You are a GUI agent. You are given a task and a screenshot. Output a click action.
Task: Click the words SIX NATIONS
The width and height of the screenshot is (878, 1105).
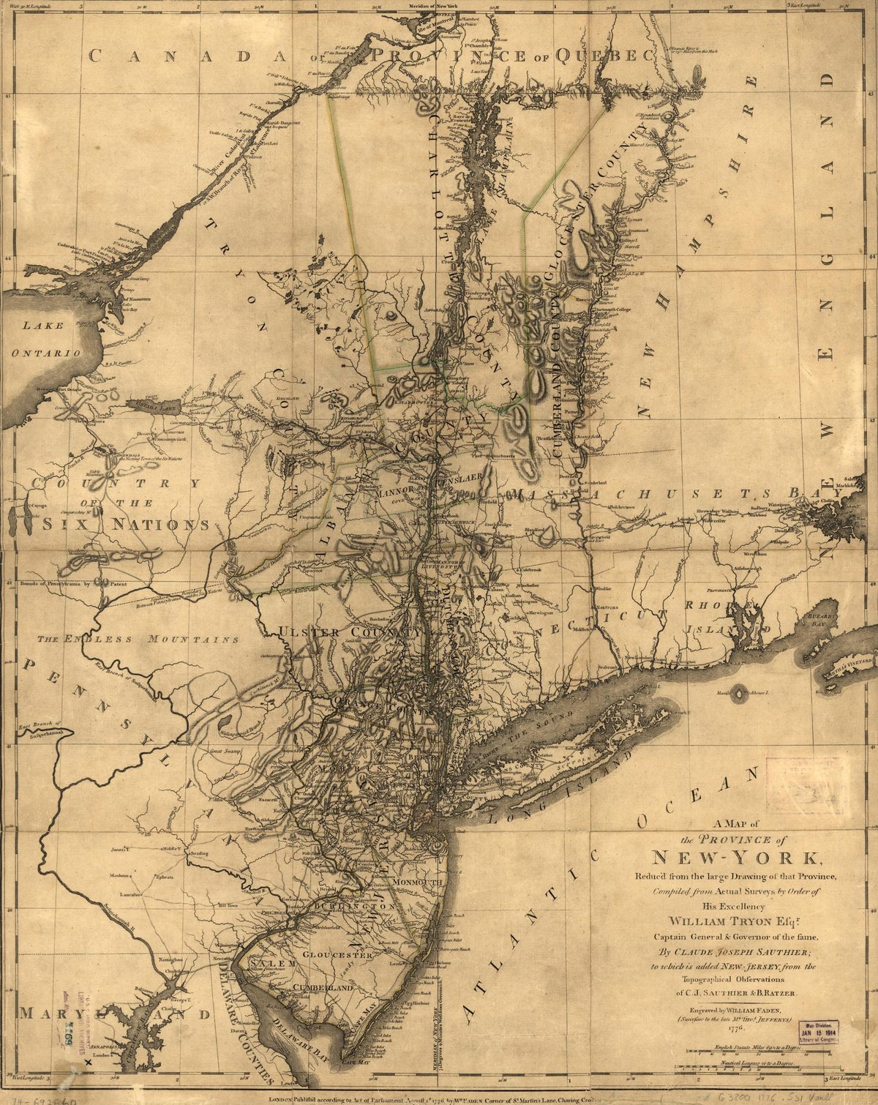121,524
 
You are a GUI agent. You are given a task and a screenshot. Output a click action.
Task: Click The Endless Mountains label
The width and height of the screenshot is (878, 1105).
139,639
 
